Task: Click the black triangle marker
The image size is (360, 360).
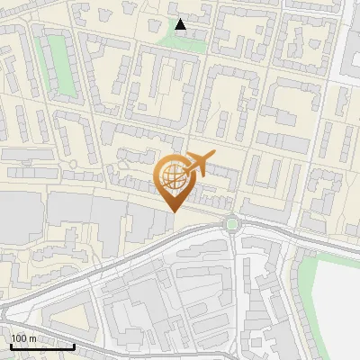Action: coord(181,24)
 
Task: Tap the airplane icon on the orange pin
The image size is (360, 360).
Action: coord(198,165)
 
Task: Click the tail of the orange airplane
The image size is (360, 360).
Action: coord(212,157)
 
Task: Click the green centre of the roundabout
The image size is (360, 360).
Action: coord(232,223)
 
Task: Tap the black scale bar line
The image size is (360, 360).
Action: coord(41,346)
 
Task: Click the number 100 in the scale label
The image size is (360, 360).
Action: coord(19,338)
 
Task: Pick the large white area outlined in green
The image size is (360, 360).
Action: coord(337,297)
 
